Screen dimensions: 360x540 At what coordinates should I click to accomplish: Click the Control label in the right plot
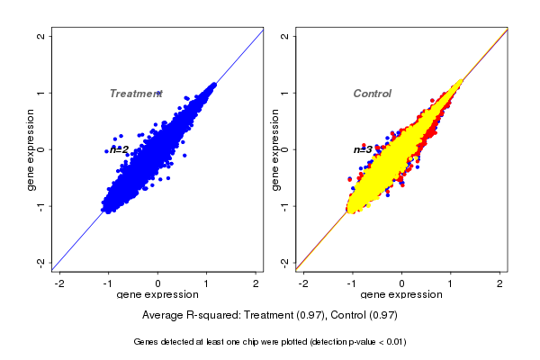click(372, 94)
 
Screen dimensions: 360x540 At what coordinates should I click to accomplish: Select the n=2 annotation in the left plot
click(120, 149)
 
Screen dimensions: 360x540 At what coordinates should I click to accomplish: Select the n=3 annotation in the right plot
click(363, 149)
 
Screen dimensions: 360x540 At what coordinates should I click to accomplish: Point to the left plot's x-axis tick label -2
click(59, 283)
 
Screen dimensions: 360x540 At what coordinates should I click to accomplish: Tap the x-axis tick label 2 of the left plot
click(256, 283)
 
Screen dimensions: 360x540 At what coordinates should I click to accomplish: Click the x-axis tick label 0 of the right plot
click(402, 283)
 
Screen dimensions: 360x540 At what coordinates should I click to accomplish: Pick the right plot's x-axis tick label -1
click(353, 283)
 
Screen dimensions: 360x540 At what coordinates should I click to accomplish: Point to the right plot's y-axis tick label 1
click(285, 93)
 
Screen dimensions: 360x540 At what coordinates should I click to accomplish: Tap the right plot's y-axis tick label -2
click(285, 262)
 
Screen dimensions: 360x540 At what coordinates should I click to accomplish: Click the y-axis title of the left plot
click(31, 149)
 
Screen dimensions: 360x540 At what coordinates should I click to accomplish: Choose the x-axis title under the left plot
click(157, 295)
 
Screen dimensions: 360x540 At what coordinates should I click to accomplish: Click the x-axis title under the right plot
click(401, 295)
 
